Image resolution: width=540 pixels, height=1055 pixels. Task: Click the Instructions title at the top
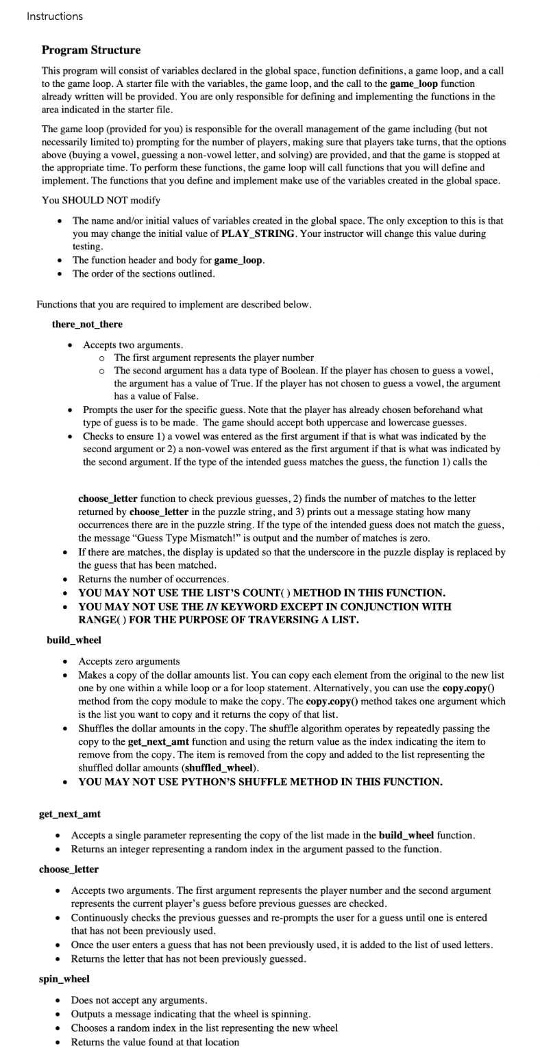55,16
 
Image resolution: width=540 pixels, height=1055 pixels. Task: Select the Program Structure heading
91,50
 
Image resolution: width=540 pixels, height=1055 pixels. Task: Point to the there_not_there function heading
87,323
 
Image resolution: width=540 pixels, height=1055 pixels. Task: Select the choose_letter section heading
69,869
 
